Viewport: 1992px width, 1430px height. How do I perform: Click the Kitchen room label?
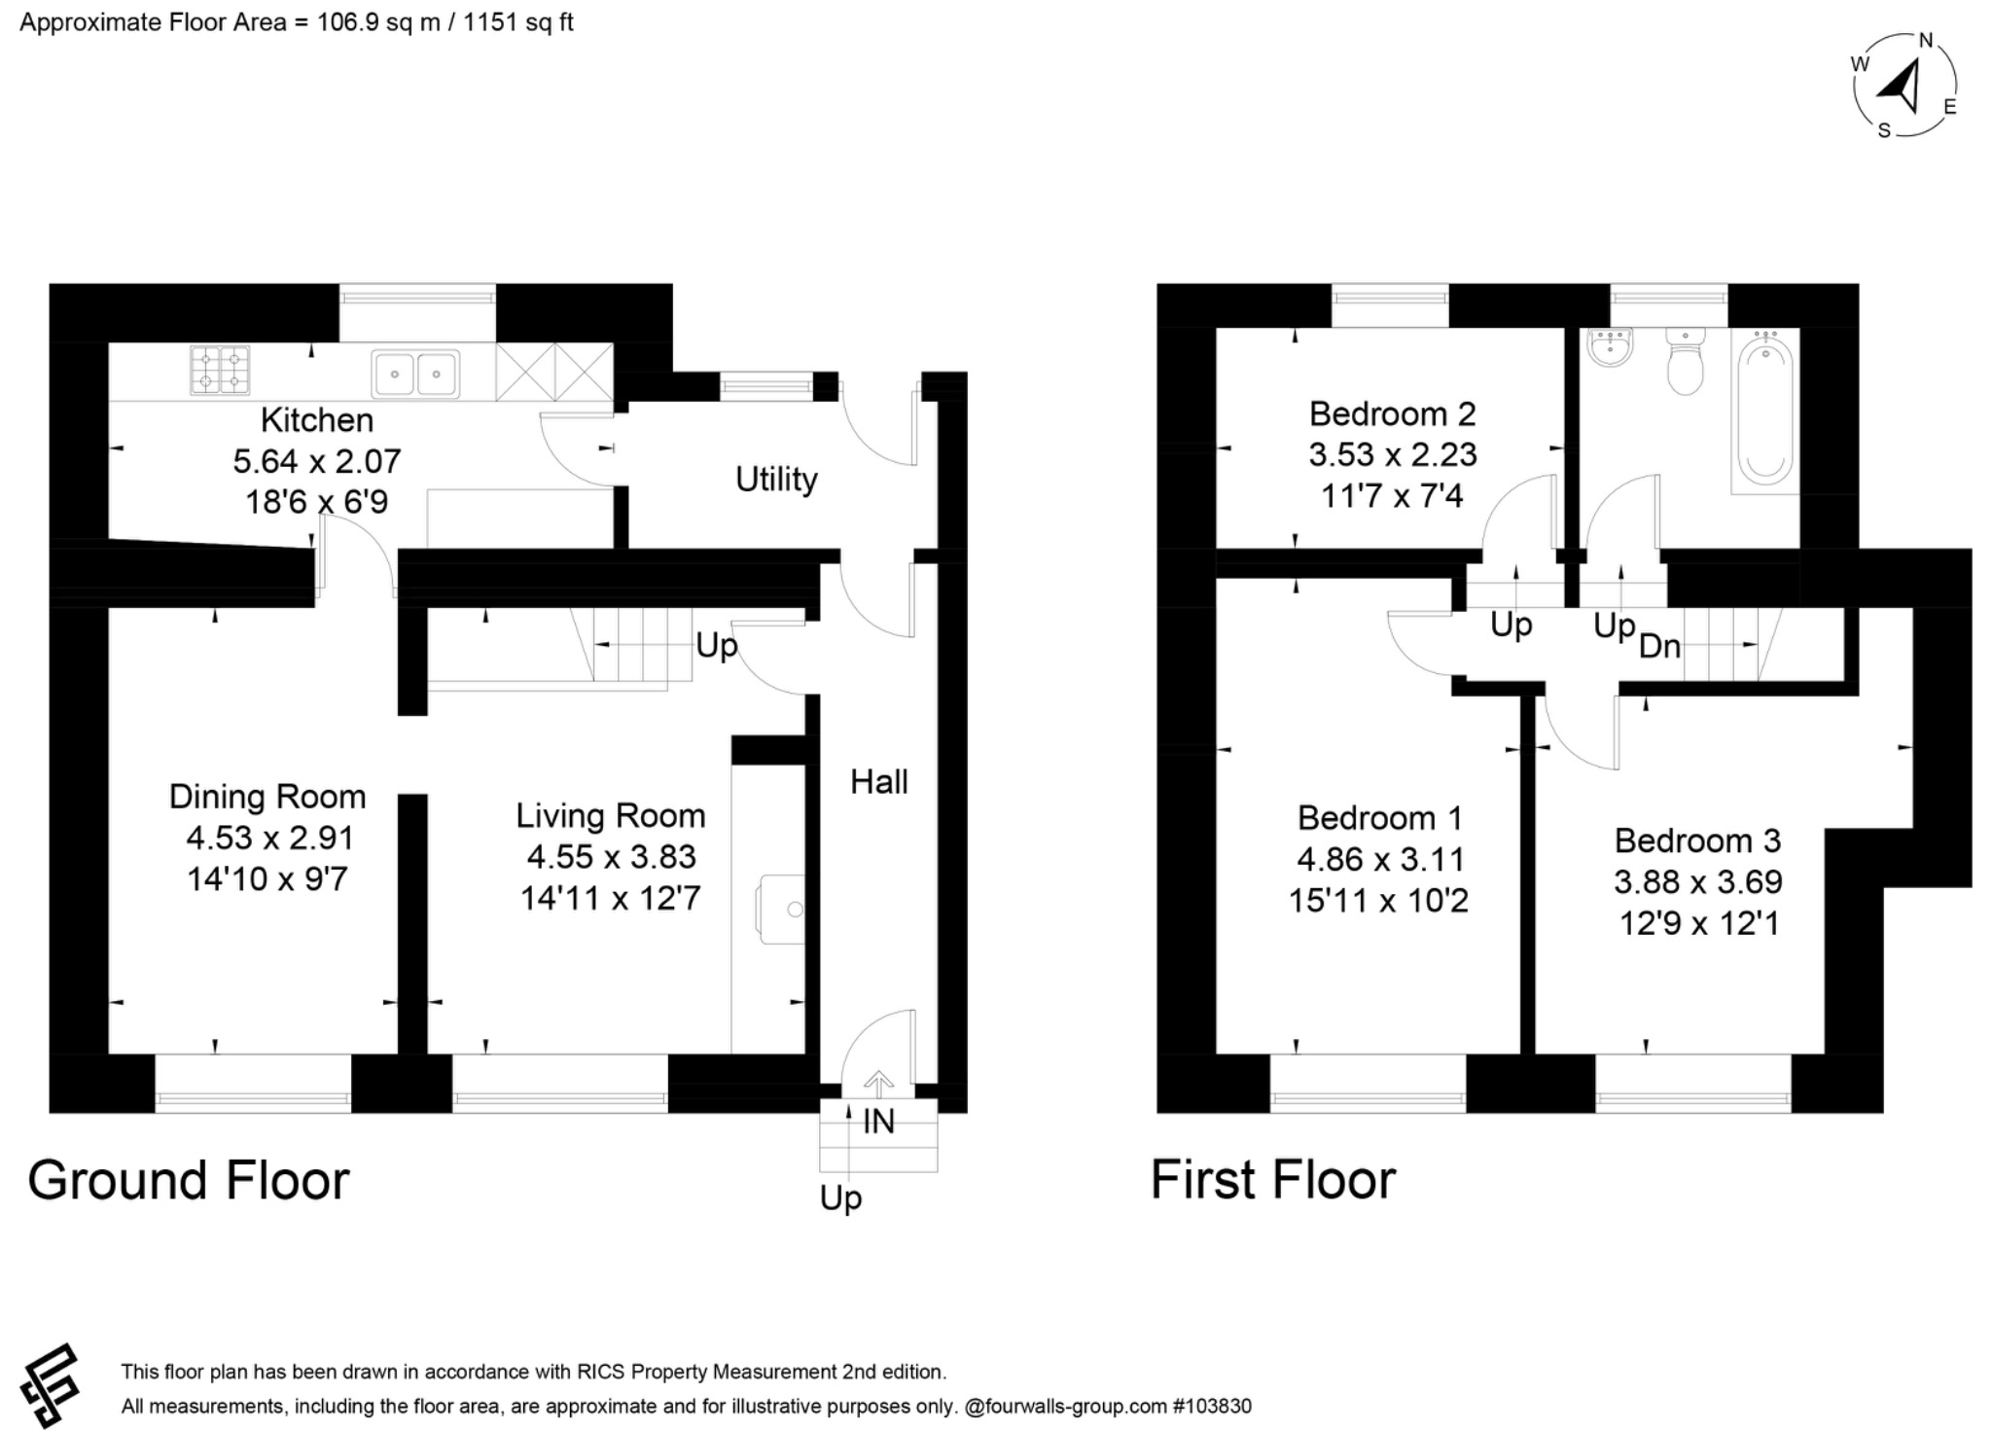pyautogui.click(x=317, y=420)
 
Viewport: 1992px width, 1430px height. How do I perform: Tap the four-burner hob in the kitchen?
pyautogui.click(x=220, y=371)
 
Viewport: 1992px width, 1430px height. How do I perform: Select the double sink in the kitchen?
pyautogui.click(x=415, y=374)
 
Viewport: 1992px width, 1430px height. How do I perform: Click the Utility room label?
pyautogui.click(x=775, y=480)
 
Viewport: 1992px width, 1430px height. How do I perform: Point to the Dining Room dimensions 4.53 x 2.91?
pyautogui.click(x=269, y=838)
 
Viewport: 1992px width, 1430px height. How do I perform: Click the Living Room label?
pyautogui.click(x=610, y=815)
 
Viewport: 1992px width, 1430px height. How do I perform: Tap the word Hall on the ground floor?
pyautogui.click(x=878, y=781)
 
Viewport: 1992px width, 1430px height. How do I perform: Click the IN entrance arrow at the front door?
pyautogui.click(x=878, y=1083)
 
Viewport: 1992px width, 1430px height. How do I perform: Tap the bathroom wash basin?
pyautogui.click(x=1610, y=346)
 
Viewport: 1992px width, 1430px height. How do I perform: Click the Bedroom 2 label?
pyautogui.click(x=1392, y=414)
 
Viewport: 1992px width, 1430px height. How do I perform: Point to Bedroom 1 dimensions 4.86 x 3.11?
pyautogui.click(x=1380, y=859)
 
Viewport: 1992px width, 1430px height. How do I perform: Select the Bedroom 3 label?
pyautogui.click(x=1697, y=840)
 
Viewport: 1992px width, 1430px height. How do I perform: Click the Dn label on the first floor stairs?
pyautogui.click(x=1659, y=646)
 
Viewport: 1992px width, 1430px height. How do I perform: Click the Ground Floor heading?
pyautogui.click(x=189, y=1180)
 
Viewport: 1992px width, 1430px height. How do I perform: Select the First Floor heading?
pyautogui.click(x=1272, y=1180)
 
